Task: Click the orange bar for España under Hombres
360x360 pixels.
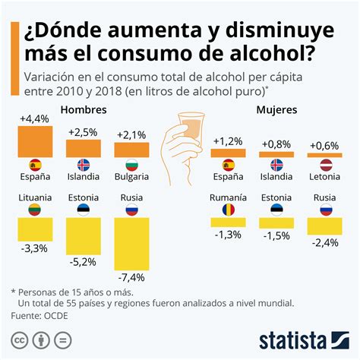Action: [35, 141]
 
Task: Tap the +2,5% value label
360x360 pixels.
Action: [83, 132]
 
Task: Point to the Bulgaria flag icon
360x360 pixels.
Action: [130, 165]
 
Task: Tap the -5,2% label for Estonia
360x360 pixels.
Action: [83, 262]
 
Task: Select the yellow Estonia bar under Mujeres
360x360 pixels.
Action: [276, 223]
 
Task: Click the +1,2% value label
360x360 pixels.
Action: [228, 141]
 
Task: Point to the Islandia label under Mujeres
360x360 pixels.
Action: [276, 177]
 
